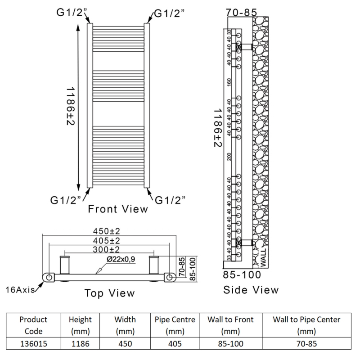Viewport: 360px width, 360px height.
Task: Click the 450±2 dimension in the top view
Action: pyautogui.click(x=106, y=231)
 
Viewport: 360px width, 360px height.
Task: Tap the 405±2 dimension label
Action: pyautogui.click(x=106, y=241)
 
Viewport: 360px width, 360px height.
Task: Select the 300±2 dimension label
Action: pyautogui.click(x=106, y=249)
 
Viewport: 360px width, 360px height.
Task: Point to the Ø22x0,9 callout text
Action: pyautogui.click(x=121, y=259)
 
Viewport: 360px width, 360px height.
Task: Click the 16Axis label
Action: pyautogui.click(x=20, y=290)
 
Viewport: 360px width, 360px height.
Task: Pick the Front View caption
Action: pyautogui.click(x=118, y=209)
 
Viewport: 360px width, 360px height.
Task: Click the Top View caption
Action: pyautogui.click(x=109, y=293)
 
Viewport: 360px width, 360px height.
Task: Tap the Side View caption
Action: pyautogui.click(x=251, y=290)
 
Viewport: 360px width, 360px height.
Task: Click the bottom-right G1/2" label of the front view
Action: pyautogui.click(x=170, y=200)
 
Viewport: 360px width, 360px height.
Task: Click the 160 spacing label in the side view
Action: pyautogui.click(x=229, y=81)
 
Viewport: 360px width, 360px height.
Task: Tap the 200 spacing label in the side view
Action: pyautogui.click(x=229, y=157)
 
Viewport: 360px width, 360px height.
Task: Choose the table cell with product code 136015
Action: pyautogui.click(x=33, y=344)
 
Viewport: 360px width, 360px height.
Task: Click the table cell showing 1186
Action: pyautogui.click(x=81, y=344)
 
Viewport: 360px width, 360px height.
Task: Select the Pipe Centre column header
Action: pyautogui.click(x=175, y=325)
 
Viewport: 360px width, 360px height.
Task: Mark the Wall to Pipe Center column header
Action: pyautogui.click(x=306, y=325)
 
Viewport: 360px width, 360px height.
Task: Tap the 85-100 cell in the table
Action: pyautogui.click(x=230, y=344)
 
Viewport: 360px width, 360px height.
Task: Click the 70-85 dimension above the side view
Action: pyautogui.click(x=242, y=13)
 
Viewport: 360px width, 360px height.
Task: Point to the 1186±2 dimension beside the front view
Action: pyautogui.click(x=71, y=106)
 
